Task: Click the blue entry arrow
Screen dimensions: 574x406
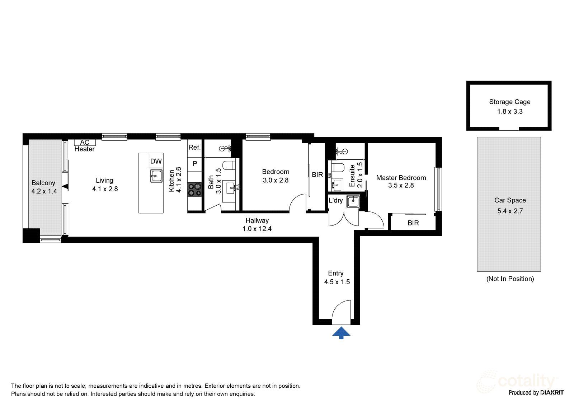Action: click(341, 333)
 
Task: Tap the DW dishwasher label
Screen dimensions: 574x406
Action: click(156, 161)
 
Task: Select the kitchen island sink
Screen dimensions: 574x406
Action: click(156, 176)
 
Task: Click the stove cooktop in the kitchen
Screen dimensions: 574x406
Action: click(195, 190)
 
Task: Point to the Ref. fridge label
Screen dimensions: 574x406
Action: click(194, 147)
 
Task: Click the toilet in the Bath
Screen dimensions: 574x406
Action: click(229, 165)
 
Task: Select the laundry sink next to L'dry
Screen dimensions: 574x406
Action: click(353, 201)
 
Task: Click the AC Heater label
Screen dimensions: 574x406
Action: click(85, 146)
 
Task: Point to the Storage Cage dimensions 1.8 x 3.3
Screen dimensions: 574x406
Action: click(510, 112)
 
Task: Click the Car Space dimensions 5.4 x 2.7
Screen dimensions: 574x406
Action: click(510, 211)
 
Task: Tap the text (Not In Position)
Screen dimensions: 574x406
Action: click(510, 279)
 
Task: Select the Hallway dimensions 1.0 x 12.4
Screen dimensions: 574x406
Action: click(257, 229)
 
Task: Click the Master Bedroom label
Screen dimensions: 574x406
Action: click(401, 178)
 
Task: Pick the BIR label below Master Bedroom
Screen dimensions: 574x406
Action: click(413, 223)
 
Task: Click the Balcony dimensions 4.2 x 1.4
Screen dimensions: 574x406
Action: click(44, 191)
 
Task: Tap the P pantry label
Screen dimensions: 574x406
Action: click(195, 164)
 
